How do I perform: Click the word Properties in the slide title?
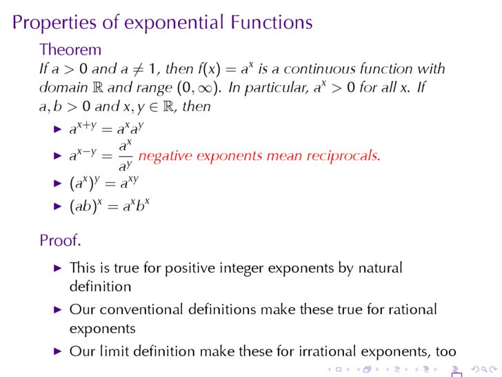(54, 23)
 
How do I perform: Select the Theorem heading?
(70, 50)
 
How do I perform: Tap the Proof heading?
(60, 241)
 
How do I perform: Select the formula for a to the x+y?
(106, 128)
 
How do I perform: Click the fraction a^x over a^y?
(125, 155)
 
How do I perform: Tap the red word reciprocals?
(343, 155)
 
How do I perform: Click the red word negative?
(165, 155)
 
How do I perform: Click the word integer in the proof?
(214, 268)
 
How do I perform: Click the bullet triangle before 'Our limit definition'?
(57, 351)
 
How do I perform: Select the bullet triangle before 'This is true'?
(57, 268)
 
